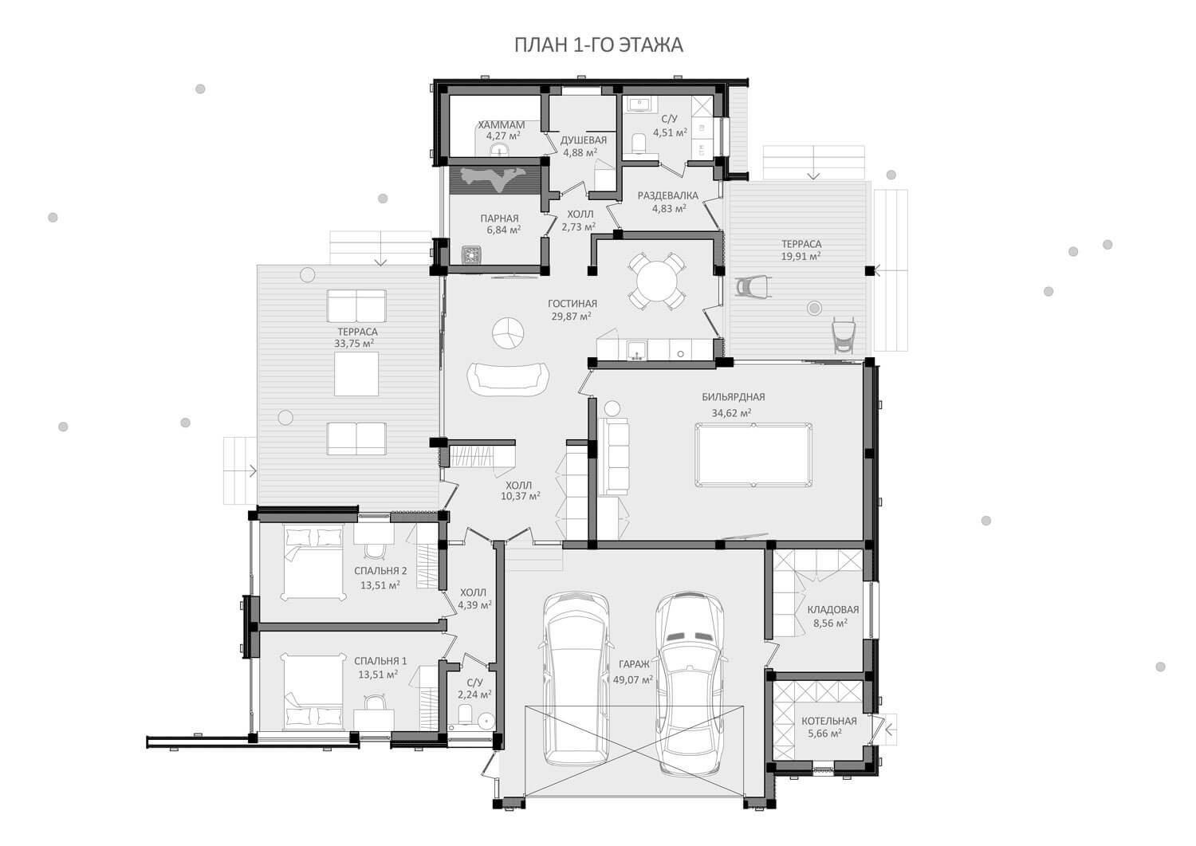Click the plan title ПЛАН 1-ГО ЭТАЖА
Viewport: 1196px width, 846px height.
[x=599, y=45]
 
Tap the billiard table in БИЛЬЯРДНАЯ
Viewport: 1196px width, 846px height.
[x=753, y=454]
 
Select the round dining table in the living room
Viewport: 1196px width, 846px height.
[x=657, y=281]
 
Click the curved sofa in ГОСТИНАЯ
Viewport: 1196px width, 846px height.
[x=508, y=378]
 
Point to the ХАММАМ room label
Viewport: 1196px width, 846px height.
[x=501, y=125]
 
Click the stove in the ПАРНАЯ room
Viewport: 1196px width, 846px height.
[x=471, y=254]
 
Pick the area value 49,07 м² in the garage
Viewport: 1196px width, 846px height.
[x=633, y=680]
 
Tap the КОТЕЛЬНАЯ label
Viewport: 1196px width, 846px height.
[x=828, y=721]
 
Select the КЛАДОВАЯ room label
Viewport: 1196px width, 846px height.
[x=833, y=609]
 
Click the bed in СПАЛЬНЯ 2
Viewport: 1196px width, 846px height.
[x=313, y=564]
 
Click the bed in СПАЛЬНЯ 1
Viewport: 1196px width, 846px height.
[x=313, y=692]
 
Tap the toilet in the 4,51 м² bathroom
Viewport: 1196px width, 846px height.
[x=638, y=144]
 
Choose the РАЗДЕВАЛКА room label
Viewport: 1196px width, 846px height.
[x=668, y=195]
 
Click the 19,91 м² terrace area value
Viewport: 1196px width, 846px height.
[x=801, y=256]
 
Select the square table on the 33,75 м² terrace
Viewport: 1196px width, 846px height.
[x=356, y=373]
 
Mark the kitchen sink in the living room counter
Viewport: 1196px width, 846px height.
[x=636, y=350]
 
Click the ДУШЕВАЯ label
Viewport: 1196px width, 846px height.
[x=584, y=140]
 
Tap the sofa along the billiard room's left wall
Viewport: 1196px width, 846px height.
[x=613, y=456]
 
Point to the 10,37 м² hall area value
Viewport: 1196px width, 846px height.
[x=521, y=496]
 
